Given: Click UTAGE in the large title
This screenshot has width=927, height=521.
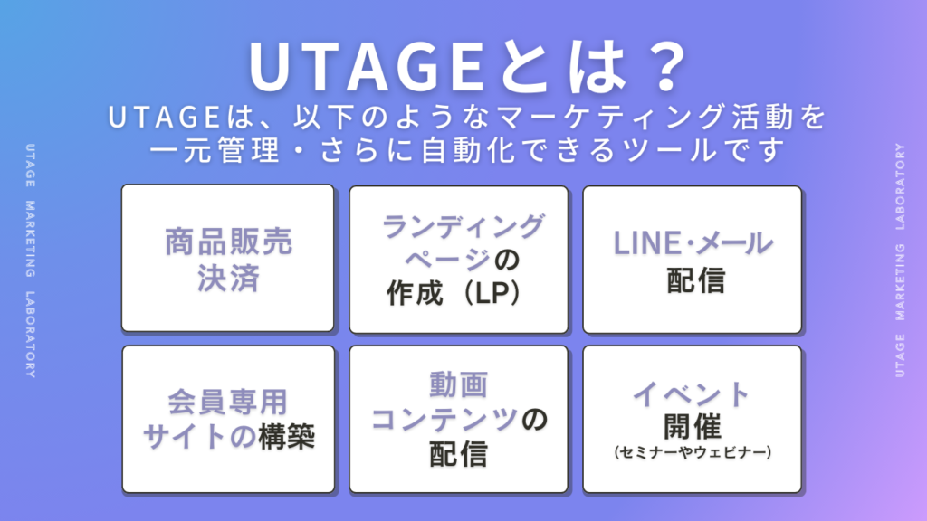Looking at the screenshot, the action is [367, 67].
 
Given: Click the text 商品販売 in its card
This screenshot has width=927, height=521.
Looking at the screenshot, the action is [228, 242].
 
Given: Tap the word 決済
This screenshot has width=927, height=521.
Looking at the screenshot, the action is [228, 278].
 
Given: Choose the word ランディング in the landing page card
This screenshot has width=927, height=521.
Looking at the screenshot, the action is [463, 226].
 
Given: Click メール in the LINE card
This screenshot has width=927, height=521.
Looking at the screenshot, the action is [733, 242].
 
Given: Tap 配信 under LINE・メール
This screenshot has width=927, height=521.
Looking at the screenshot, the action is [695, 280].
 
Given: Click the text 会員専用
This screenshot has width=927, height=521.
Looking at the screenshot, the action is [227, 402].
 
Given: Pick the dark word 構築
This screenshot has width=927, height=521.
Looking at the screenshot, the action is [286, 437].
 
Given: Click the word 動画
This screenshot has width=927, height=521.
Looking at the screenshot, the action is [459, 384].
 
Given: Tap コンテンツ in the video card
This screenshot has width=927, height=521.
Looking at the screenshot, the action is [444, 420].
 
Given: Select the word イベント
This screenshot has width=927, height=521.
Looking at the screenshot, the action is [692, 394].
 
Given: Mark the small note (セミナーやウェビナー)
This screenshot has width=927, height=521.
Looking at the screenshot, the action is [693, 452].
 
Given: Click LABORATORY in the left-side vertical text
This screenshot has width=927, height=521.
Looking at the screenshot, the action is [30, 335].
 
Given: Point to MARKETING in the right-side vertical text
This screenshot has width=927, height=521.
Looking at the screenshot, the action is [900, 282].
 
